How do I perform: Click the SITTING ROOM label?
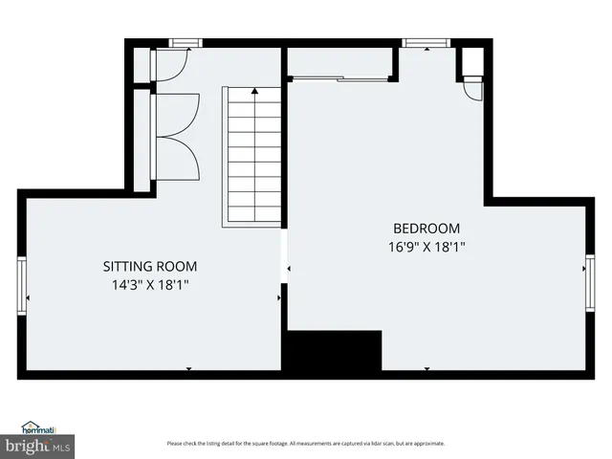[150, 267]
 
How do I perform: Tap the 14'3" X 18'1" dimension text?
[150, 284]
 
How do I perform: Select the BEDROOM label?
[426, 229]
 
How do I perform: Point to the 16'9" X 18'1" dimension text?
[426, 246]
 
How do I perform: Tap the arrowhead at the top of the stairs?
[254, 92]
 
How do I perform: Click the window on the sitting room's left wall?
[22, 285]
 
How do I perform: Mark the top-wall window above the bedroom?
[417, 43]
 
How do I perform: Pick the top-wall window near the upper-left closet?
[185, 43]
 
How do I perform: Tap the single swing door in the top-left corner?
[168, 65]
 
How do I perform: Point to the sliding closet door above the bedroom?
[339, 76]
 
